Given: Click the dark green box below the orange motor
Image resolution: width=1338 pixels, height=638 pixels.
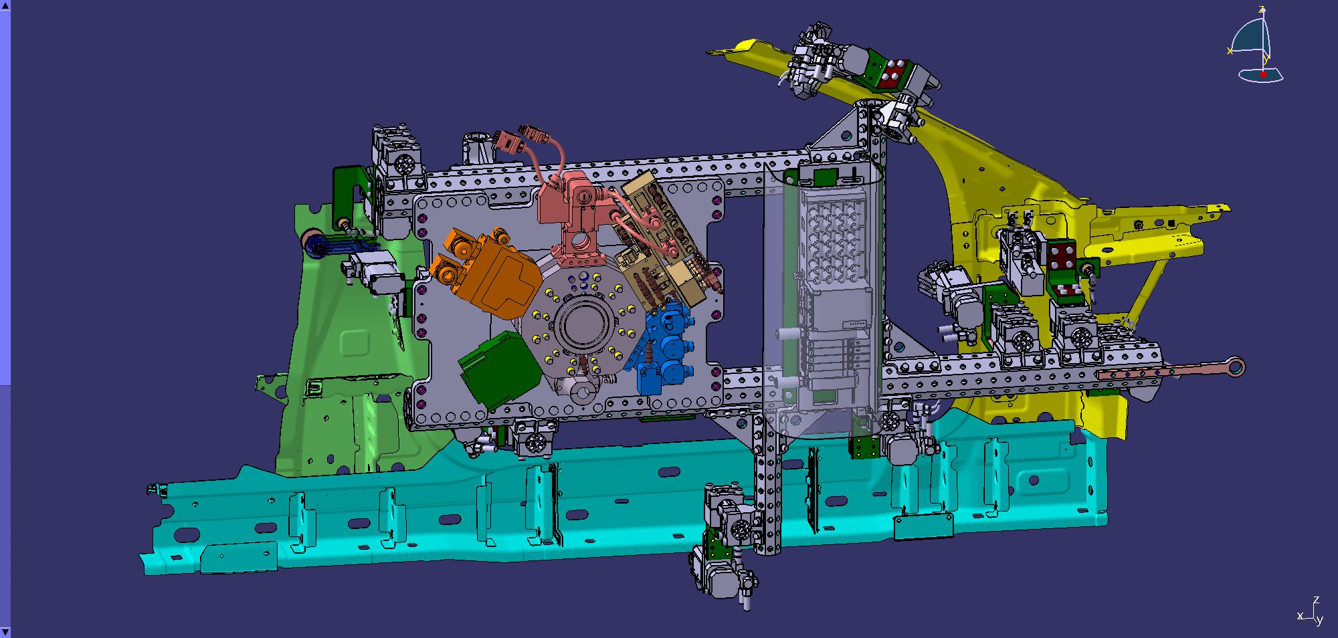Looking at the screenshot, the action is pyautogui.click(x=500, y=369).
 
